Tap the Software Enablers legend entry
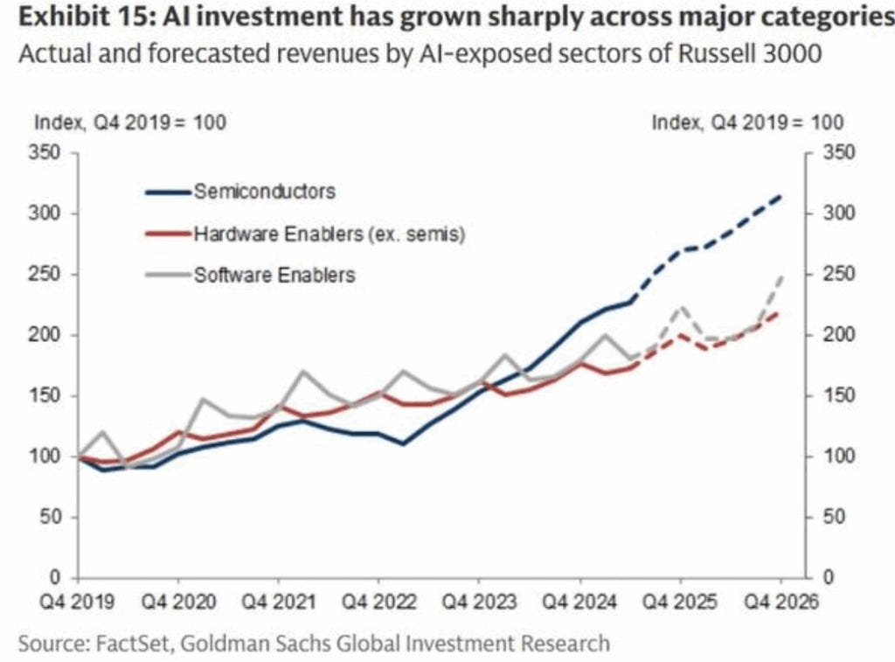pos(274,275)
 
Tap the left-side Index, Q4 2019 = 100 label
pos(130,122)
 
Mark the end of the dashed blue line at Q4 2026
pos(780,197)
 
